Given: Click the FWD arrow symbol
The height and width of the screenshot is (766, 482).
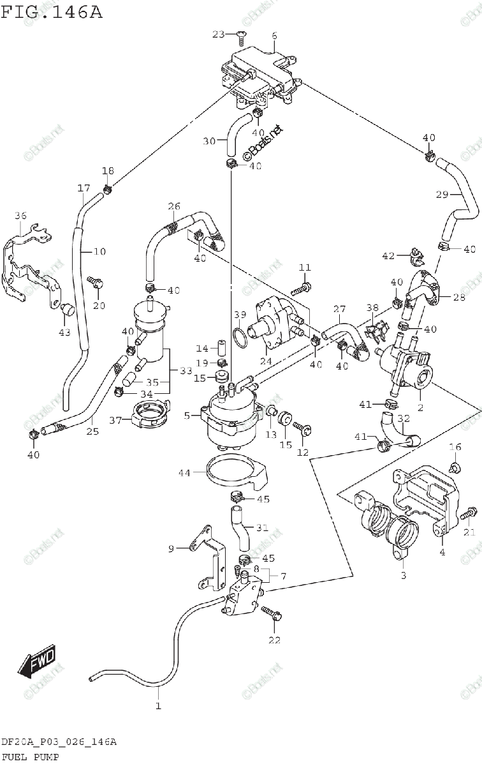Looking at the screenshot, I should click(38, 660).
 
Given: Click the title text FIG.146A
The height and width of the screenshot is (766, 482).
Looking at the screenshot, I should click(51, 11).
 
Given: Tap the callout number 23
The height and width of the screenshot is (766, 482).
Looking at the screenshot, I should click(219, 34).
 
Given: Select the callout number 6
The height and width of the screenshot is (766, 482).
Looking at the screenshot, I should click(274, 36).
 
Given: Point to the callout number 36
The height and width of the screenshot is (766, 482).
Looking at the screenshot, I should click(20, 216).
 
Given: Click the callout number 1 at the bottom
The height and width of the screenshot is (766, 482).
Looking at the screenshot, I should click(158, 706).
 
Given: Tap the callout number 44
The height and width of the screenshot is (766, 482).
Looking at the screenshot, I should click(184, 473).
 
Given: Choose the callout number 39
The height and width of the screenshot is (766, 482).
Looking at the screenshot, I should click(239, 315).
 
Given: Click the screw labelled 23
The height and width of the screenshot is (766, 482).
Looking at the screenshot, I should click(241, 39).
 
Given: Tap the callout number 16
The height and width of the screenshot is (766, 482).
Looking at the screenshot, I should click(455, 446).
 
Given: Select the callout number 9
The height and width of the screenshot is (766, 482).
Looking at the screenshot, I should click(171, 548).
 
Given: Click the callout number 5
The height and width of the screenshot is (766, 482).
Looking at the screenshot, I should click(187, 416).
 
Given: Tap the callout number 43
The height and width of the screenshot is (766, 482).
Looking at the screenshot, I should click(64, 332).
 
